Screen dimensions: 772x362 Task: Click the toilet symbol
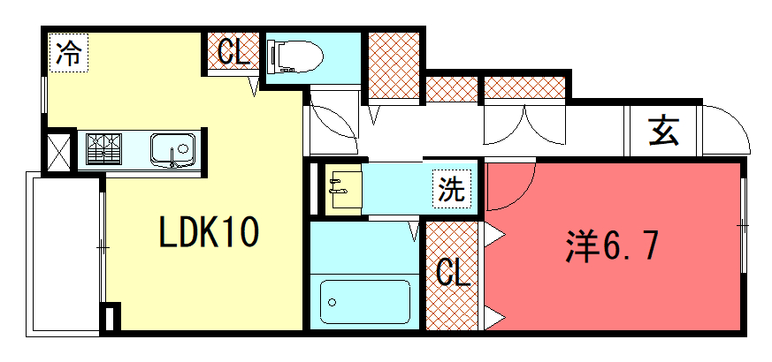(294, 57)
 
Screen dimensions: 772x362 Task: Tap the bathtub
(365, 302)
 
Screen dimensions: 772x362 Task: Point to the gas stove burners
(103, 148)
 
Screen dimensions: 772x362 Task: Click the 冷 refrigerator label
(68, 53)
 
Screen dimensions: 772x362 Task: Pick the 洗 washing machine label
(452, 189)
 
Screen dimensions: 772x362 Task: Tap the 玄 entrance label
(663, 131)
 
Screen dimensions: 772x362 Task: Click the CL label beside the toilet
(233, 51)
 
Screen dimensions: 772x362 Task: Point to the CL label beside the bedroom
(453, 273)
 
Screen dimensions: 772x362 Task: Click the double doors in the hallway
(525, 124)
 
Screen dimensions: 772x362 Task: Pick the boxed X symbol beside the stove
(58, 150)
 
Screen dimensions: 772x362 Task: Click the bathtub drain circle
(332, 302)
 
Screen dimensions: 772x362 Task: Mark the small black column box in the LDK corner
(111, 317)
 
